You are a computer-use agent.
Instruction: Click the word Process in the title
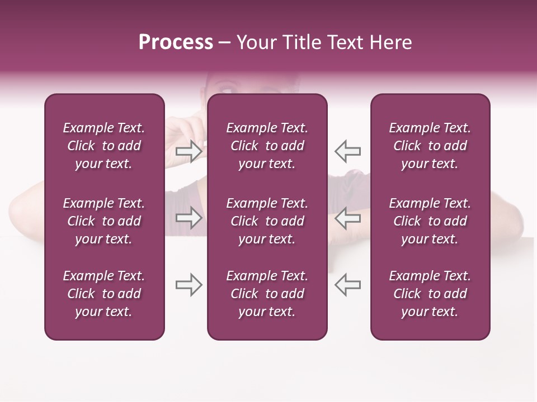tap(176, 42)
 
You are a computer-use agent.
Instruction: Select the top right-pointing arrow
tap(189, 151)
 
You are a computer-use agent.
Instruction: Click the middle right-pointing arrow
tap(189, 218)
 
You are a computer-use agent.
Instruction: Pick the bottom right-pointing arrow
tap(189, 285)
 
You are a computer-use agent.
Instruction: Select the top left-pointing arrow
tap(347, 151)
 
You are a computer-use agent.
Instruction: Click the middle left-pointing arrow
tap(347, 218)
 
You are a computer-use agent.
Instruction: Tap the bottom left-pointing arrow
tap(347, 285)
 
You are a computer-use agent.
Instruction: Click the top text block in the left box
tap(104, 146)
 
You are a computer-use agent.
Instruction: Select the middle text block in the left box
tap(104, 221)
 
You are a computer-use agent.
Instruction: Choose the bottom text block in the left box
tap(104, 294)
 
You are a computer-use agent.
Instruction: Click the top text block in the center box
tap(267, 146)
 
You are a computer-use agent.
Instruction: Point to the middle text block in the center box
tap(267, 221)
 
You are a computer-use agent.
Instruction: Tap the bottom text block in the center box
tap(267, 294)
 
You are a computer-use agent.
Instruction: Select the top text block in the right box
tap(430, 146)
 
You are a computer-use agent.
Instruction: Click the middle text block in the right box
tap(430, 221)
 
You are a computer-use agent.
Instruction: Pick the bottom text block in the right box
tap(430, 294)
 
